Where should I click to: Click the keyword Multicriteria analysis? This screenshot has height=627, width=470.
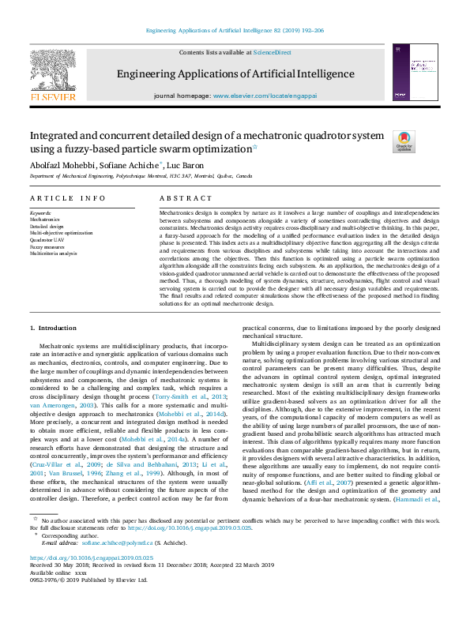(x=54, y=253)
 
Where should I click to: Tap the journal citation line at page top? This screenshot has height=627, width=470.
(x=235, y=31)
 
